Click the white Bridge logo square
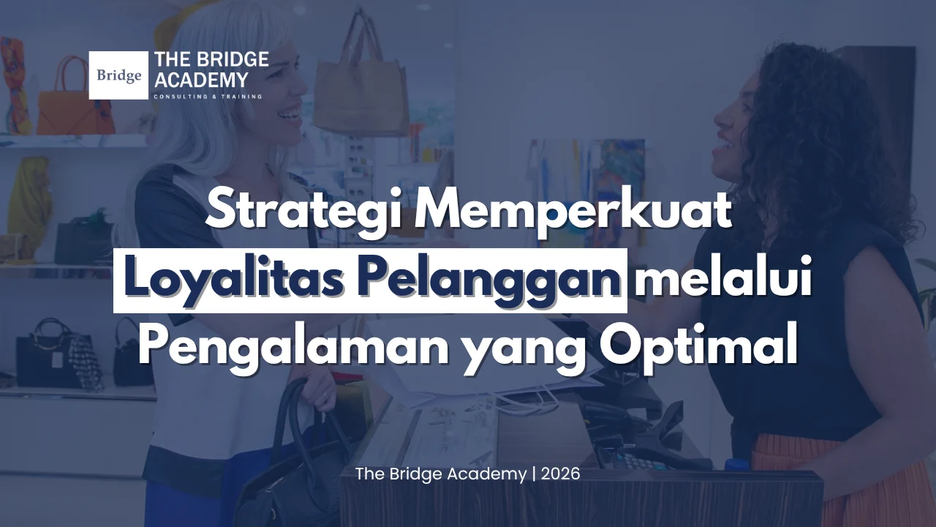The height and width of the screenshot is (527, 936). [x=118, y=75]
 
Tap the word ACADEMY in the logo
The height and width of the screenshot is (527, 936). [x=201, y=80]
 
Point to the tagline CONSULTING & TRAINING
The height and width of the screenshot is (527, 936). [x=208, y=97]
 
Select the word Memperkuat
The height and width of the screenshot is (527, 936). [x=573, y=212]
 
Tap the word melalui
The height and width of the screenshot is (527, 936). [x=722, y=277]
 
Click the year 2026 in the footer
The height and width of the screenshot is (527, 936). [x=560, y=474]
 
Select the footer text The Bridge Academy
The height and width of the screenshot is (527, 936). [x=441, y=474]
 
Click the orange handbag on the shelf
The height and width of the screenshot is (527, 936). [x=75, y=98]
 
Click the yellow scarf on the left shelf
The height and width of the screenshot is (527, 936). [x=30, y=201]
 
